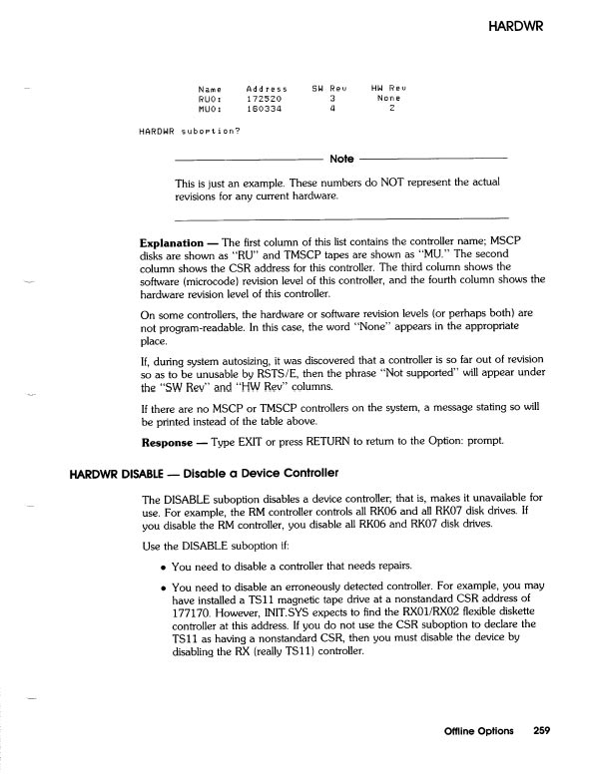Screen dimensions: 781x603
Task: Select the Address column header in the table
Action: [x=267, y=89]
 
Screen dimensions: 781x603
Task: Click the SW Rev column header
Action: [x=329, y=89]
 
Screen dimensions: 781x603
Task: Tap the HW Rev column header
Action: [x=385, y=89]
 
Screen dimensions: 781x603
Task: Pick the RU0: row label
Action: [x=210, y=100]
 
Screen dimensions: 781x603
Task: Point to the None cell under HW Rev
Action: [x=388, y=100]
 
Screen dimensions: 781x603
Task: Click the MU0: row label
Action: [x=210, y=110]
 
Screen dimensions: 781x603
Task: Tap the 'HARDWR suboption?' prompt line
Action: [x=190, y=132]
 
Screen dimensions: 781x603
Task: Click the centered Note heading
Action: [x=341, y=160]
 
